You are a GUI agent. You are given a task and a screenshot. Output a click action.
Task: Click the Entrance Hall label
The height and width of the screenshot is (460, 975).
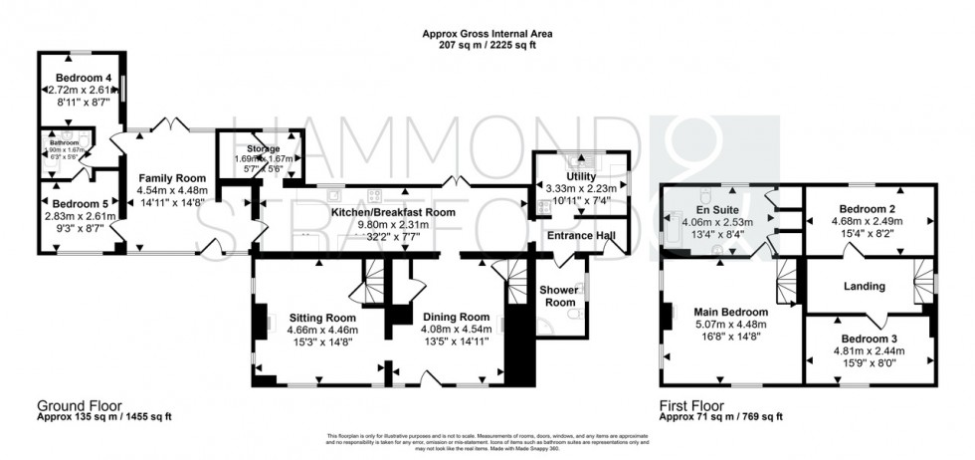click(x=580, y=235)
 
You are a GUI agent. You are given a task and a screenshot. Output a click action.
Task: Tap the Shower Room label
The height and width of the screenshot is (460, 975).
click(x=559, y=296)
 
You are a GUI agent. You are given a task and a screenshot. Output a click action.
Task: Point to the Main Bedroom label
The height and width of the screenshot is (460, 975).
click(x=730, y=312)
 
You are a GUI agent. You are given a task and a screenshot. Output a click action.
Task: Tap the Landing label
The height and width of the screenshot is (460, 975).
click(x=865, y=287)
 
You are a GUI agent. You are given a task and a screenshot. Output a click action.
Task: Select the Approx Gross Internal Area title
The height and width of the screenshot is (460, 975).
click(x=487, y=33)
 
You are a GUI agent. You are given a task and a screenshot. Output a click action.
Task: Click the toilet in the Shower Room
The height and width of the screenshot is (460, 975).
click(x=574, y=316)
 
